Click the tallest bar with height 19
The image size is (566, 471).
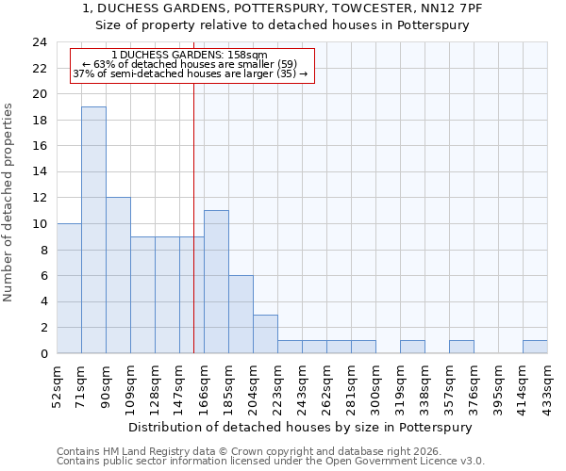(93, 230)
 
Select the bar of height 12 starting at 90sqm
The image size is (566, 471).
(118, 275)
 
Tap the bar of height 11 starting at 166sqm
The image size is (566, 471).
(216, 282)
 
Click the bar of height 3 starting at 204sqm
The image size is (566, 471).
(265, 334)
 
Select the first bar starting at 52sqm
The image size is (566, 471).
(69, 288)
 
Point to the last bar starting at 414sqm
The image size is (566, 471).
(535, 347)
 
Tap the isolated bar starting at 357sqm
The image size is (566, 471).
(461, 347)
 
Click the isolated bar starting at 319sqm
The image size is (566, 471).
(412, 347)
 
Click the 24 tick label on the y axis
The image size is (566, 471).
(39, 42)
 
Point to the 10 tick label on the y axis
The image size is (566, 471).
(39, 224)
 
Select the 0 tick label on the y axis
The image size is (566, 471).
(42, 354)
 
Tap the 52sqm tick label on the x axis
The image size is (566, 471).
(57, 384)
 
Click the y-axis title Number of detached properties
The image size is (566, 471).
(8, 203)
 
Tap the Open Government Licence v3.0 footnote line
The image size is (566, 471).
(271, 462)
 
